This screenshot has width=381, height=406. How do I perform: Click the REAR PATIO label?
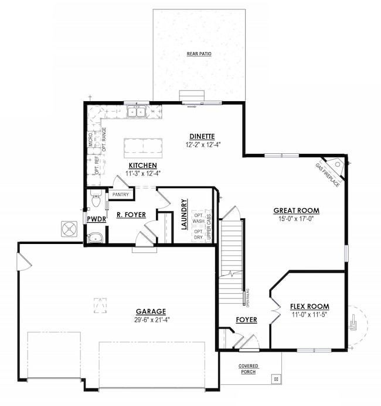(x=199, y=54)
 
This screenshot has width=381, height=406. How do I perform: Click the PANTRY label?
(x=121, y=194)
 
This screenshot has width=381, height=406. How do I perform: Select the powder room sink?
(x=94, y=238)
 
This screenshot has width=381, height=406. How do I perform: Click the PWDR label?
(x=96, y=219)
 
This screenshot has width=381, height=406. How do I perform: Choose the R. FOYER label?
(x=127, y=215)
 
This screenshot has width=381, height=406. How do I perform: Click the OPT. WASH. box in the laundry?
(x=199, y=217)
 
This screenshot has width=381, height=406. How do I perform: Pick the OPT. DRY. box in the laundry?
(x=199, y=234)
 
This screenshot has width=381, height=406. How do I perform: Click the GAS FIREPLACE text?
(x=327, y=174)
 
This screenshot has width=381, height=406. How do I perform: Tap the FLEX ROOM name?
(x=309, y=306)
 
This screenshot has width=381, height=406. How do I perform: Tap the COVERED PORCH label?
(x=248, y=369)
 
